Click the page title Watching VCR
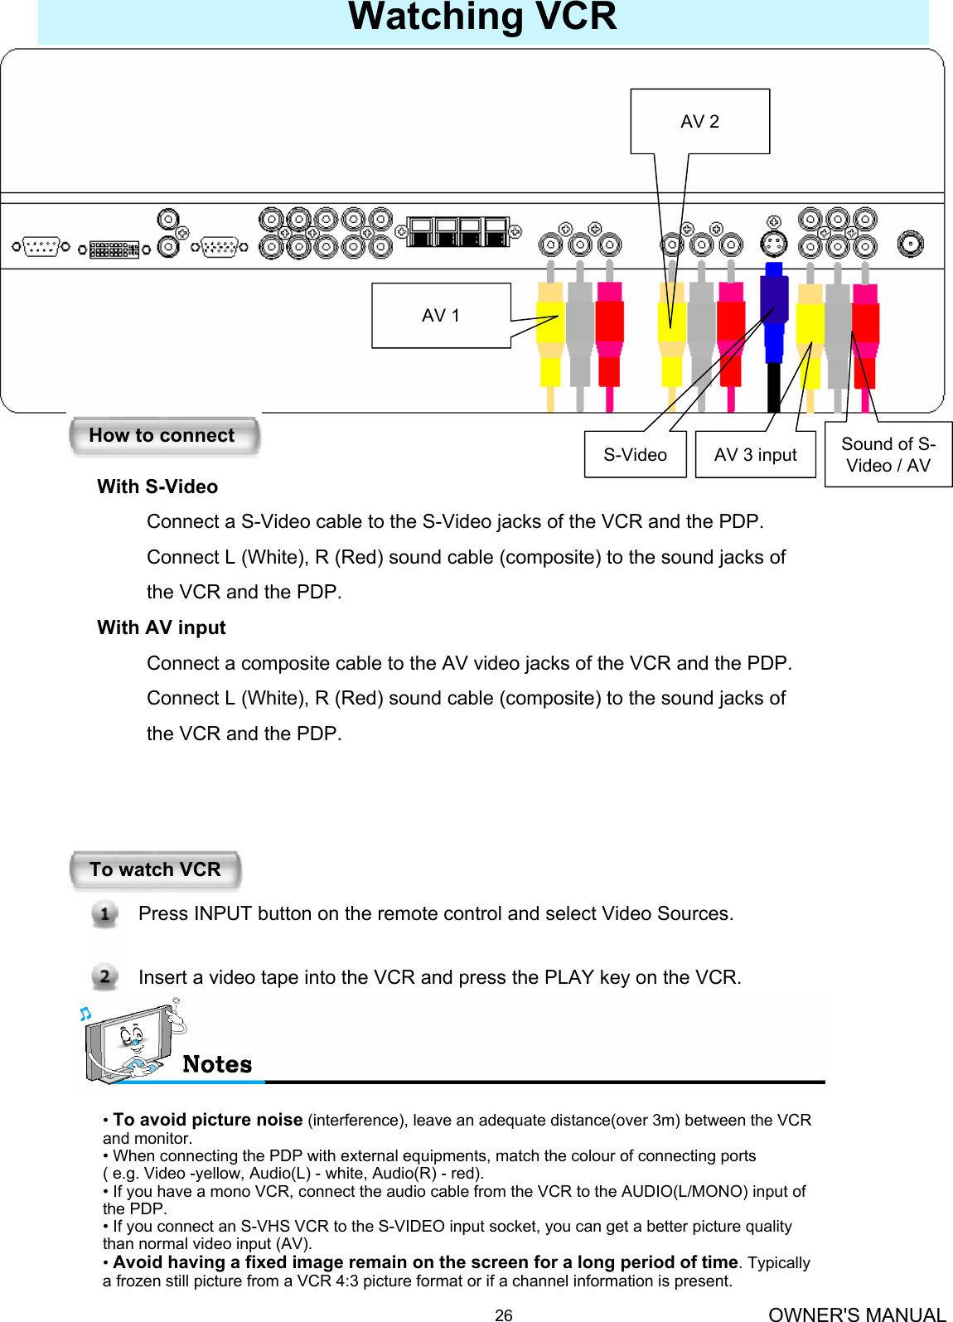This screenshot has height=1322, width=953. coord(482,17)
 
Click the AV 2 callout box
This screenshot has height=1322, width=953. coord(699,122)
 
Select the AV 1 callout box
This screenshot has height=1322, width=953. coord(440,316)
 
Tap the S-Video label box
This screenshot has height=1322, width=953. coord(635,455)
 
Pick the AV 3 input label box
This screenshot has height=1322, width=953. coord(755,455)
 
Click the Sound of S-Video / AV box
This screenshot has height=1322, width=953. coord(888,455)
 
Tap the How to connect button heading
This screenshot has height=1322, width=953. coord(163,436)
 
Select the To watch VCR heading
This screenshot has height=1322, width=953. coord(156,870)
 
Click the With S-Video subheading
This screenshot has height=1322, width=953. coord(157,487)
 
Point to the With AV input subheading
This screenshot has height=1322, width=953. coord(162,628)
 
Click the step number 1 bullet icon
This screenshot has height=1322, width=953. coord(104,914)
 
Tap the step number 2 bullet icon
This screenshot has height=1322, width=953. coord(104,977)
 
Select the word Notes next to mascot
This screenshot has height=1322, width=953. coord(217,1065)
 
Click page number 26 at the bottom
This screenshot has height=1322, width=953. coord(503,1315)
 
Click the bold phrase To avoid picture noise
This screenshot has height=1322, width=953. coord(207,1121)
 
